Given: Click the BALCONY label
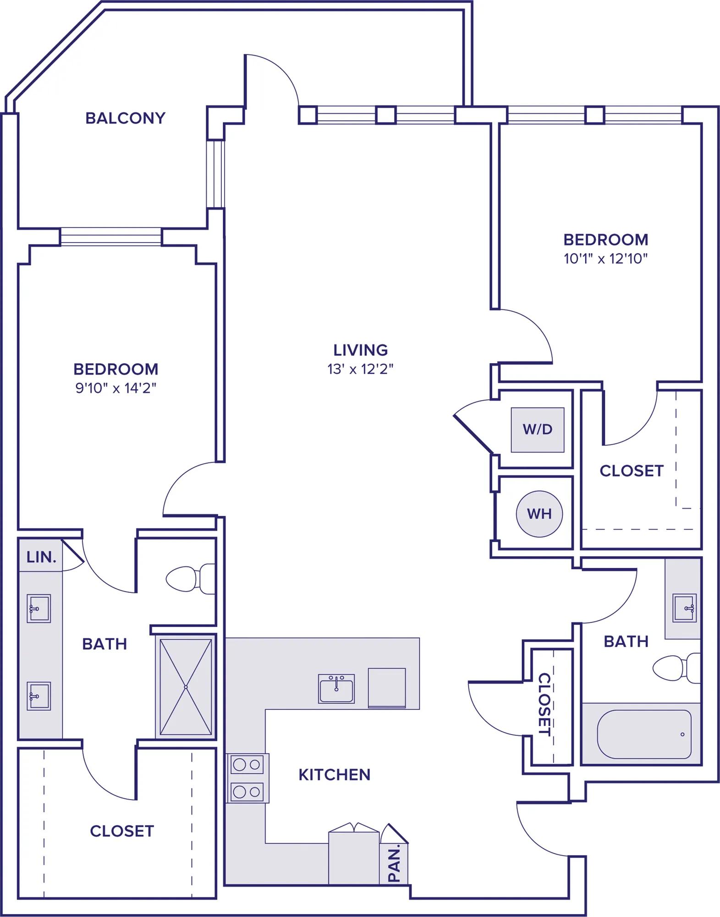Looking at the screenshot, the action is [x=125, y=118].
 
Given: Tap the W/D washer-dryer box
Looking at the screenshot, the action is [x=538, y=430].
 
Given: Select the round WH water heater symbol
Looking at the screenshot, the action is [x=539, y=514].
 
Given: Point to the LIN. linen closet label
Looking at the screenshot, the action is [x=41, y=557].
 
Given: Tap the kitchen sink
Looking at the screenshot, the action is [x=336, y=689].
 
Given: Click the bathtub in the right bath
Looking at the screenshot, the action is [x=644, y=734].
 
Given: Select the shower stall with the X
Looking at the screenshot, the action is [x=186, y=687].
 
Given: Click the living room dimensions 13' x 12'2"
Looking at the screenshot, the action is [x=361, y=369].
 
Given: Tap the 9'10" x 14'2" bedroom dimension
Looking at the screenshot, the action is [x=116, y=388].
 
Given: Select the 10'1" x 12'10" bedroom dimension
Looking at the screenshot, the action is [x=605, y=259].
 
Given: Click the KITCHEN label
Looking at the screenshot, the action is [x=335, y=775].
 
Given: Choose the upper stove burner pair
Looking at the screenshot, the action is [x=247, y=765].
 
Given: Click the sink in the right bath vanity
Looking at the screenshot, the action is [x=684, y=608].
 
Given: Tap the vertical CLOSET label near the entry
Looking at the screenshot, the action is [x=544, y=704].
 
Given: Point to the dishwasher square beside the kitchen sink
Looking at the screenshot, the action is [x=387, y=688].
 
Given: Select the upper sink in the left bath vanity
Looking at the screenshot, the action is [x=38, y=608].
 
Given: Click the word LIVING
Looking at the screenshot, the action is [x=361, y=350].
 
